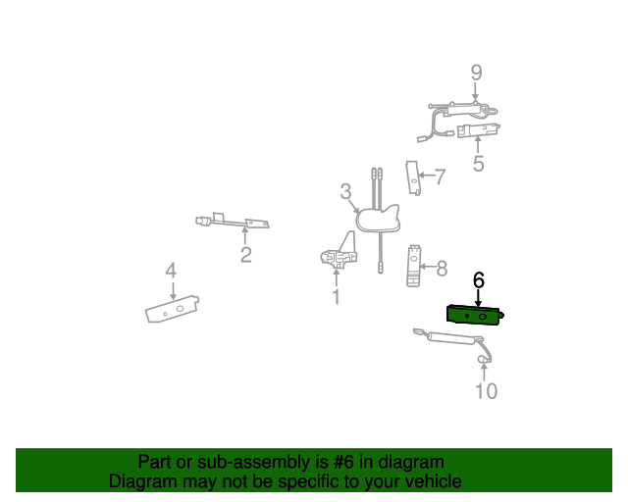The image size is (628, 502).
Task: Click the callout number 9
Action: [x=476, y=73]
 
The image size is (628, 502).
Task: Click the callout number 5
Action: [x=478, y=164]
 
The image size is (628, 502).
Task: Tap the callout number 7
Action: [x=440, y=176]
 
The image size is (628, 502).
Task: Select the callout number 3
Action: [x=345, y=191]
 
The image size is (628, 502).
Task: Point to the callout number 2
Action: [x=245, y=256]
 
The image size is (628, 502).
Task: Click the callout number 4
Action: [x=171, y=270]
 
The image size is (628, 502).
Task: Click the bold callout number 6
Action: [x=479, y=280]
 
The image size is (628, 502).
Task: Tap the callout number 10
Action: [x=486, y=391]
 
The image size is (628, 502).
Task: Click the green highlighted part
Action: [x=476, y=314]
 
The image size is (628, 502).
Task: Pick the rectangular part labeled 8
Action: [x=414, y=265]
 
